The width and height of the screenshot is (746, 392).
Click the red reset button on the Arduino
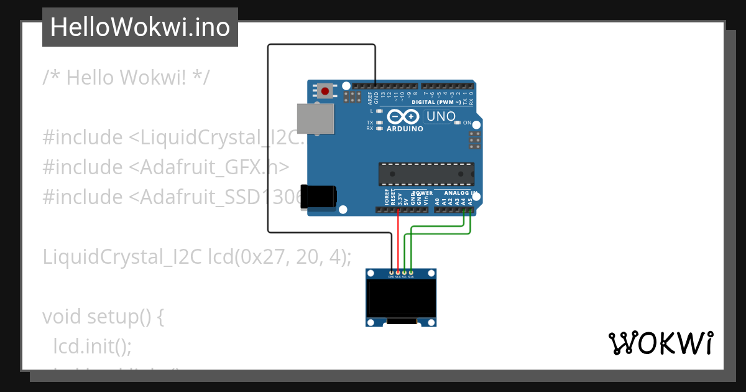click(325, 91)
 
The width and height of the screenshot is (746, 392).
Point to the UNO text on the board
click(440, 116)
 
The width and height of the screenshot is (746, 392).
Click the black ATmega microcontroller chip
click(426, 174)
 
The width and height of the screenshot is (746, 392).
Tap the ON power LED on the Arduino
click(458, 123)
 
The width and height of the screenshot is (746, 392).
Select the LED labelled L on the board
click(379, 111)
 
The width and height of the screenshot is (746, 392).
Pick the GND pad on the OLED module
click(391, 273)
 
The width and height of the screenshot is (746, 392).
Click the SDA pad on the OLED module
click(411, 273)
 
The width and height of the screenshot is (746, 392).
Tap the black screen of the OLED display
click(400, 297)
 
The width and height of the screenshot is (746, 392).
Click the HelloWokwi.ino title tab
click(140, 27)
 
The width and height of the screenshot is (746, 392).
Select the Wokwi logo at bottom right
click(661, 343)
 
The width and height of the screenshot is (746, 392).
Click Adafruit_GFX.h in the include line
click(214, 167)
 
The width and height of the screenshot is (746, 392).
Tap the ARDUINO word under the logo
click(405, 129)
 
